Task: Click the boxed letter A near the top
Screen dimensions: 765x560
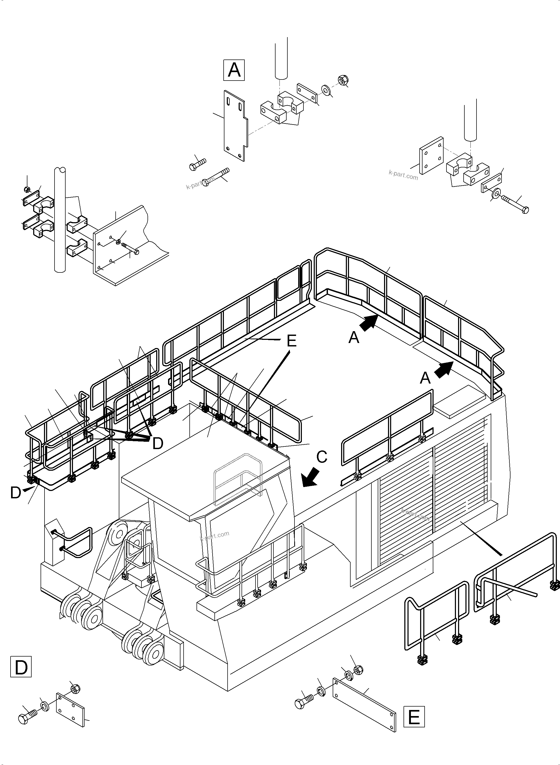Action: pyautogui.click(x=234, y=70)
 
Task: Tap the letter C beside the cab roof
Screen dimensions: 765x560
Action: pyautogui.click(x=321, y=457)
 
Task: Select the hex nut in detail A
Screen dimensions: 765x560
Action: pyautogui.click(x=342, y=80)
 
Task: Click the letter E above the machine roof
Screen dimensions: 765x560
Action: pyautogui.click(x=292, y=341)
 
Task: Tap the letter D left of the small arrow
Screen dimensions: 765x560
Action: pyautogui.click(x=16, y=493)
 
